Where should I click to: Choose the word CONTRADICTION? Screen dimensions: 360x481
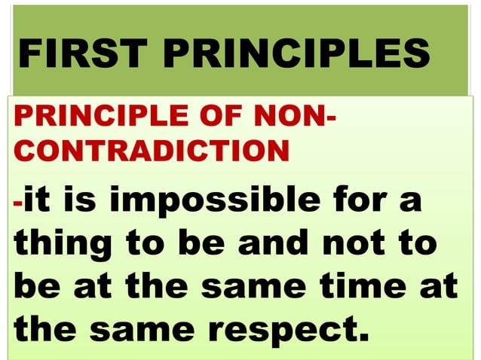click(151, 151)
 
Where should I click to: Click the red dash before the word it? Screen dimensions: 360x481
click(19, 203)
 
